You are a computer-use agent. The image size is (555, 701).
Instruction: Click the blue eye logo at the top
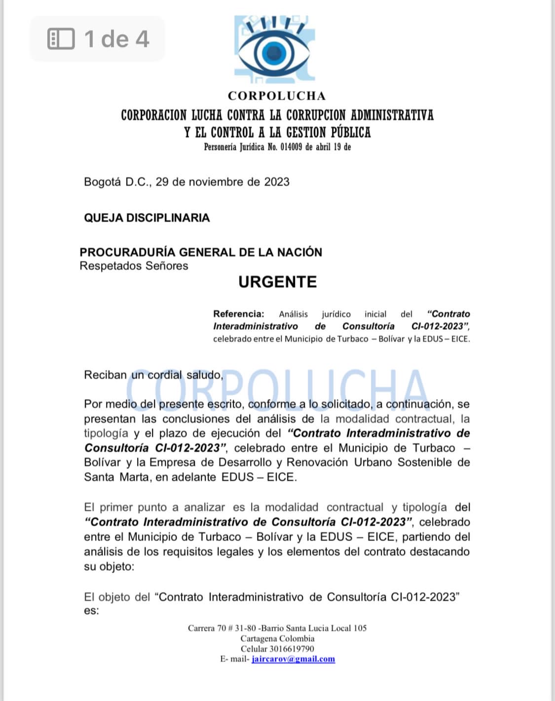(x=274, y=49)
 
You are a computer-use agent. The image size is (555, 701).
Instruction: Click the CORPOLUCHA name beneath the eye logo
(x=277, y=96)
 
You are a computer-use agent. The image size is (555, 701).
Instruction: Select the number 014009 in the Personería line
(x=291, y=147)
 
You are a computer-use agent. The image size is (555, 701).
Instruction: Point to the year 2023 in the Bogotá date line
(x=277, y=182)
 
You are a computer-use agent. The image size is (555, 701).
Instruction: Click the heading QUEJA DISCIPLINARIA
(x=147, y=218)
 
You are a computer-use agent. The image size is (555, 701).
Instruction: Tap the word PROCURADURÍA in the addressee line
(x=127, y=252)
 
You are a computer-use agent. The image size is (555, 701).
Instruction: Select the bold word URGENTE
(x=277, y=282)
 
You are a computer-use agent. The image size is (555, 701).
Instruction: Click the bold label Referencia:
(x=239, y=314)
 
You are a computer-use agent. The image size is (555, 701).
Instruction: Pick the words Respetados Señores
(x=134, y=266)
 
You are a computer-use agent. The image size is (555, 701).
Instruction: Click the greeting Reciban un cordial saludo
(x=153, y=375)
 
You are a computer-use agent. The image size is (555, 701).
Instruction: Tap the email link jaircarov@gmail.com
(x=293, y=659)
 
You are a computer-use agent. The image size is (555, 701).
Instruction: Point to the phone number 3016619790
(x=292, y=649)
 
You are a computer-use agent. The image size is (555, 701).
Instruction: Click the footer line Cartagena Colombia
(x=277, y=638)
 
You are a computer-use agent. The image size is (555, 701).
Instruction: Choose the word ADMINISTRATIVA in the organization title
(x=392, y=115)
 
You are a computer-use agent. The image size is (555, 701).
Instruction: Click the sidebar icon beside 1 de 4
(x=61, y=39)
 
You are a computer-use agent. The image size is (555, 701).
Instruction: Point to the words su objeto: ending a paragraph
(x=109, y=566)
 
